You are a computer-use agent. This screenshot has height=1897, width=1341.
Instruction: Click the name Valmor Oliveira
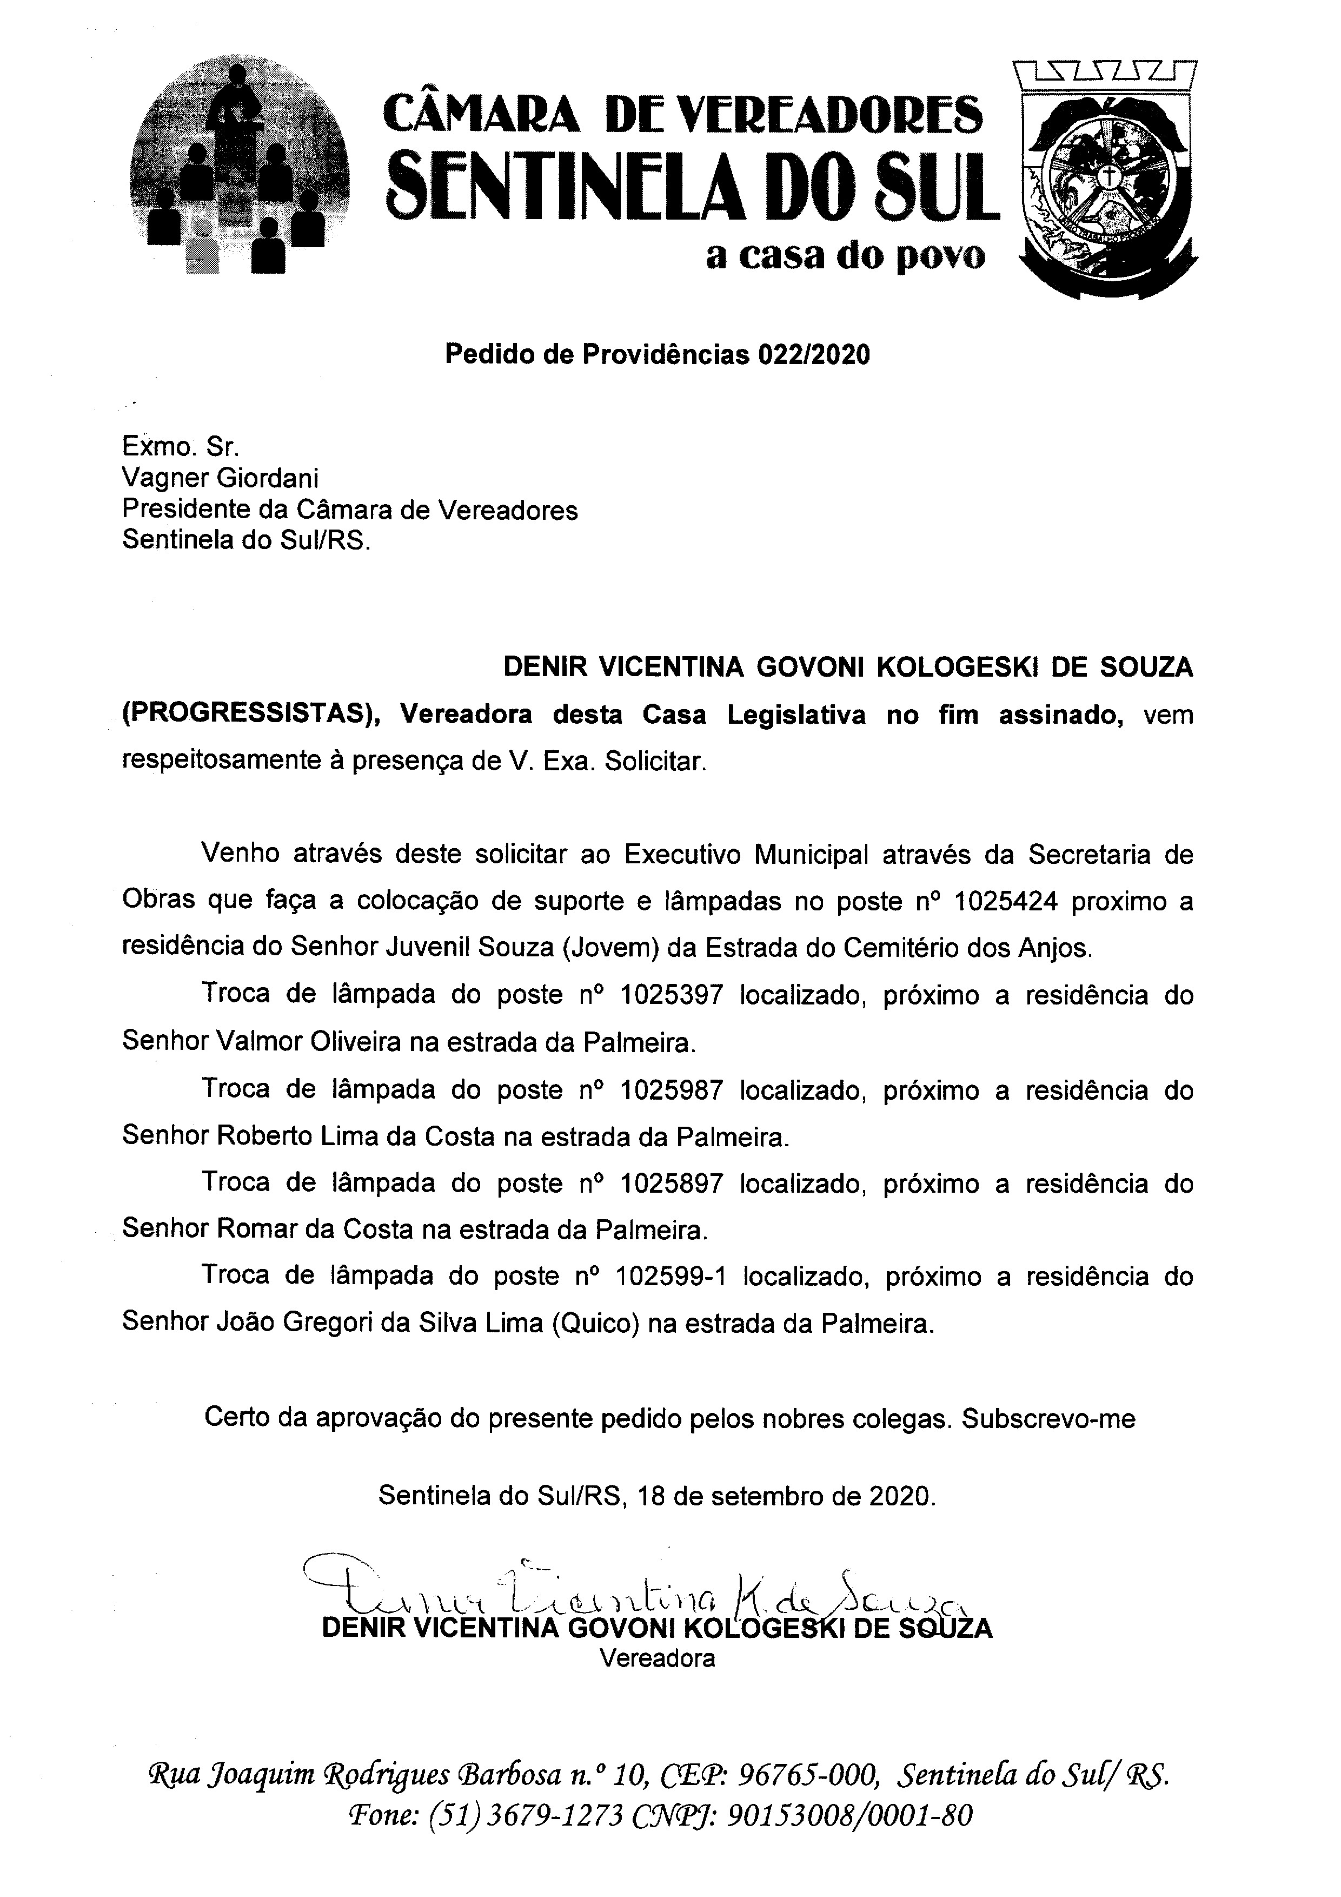[309, 1043]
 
